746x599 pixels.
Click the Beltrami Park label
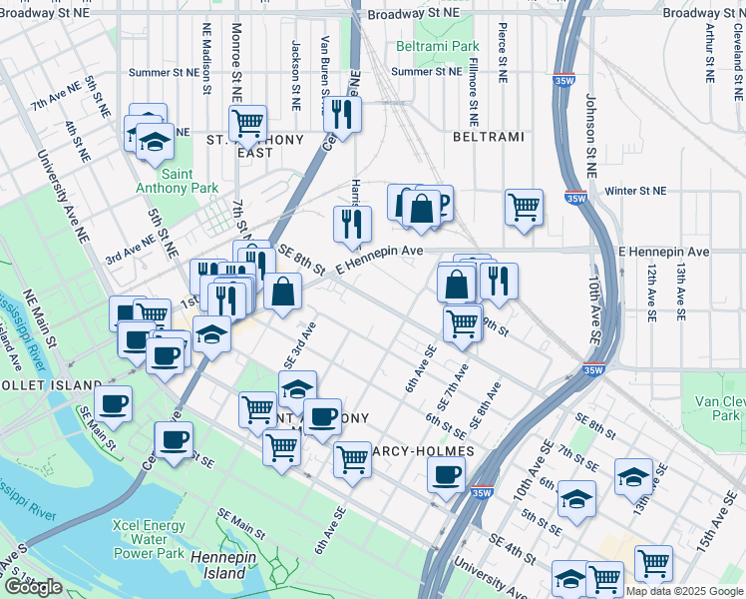click(x=437, y=47)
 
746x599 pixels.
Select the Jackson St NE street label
click(x=295, y=75)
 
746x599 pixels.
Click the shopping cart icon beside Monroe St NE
click(x=247, y=124)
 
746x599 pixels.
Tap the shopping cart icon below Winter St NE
click(x=524, y=208)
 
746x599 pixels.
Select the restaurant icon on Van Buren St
click(x=343, y=114)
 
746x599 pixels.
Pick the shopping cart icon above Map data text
click(x=653, y=562)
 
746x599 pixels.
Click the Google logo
click(x=32, y=587)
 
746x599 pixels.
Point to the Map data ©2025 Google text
click(x=684, y=591)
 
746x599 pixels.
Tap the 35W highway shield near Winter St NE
click(x=575, y=198)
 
